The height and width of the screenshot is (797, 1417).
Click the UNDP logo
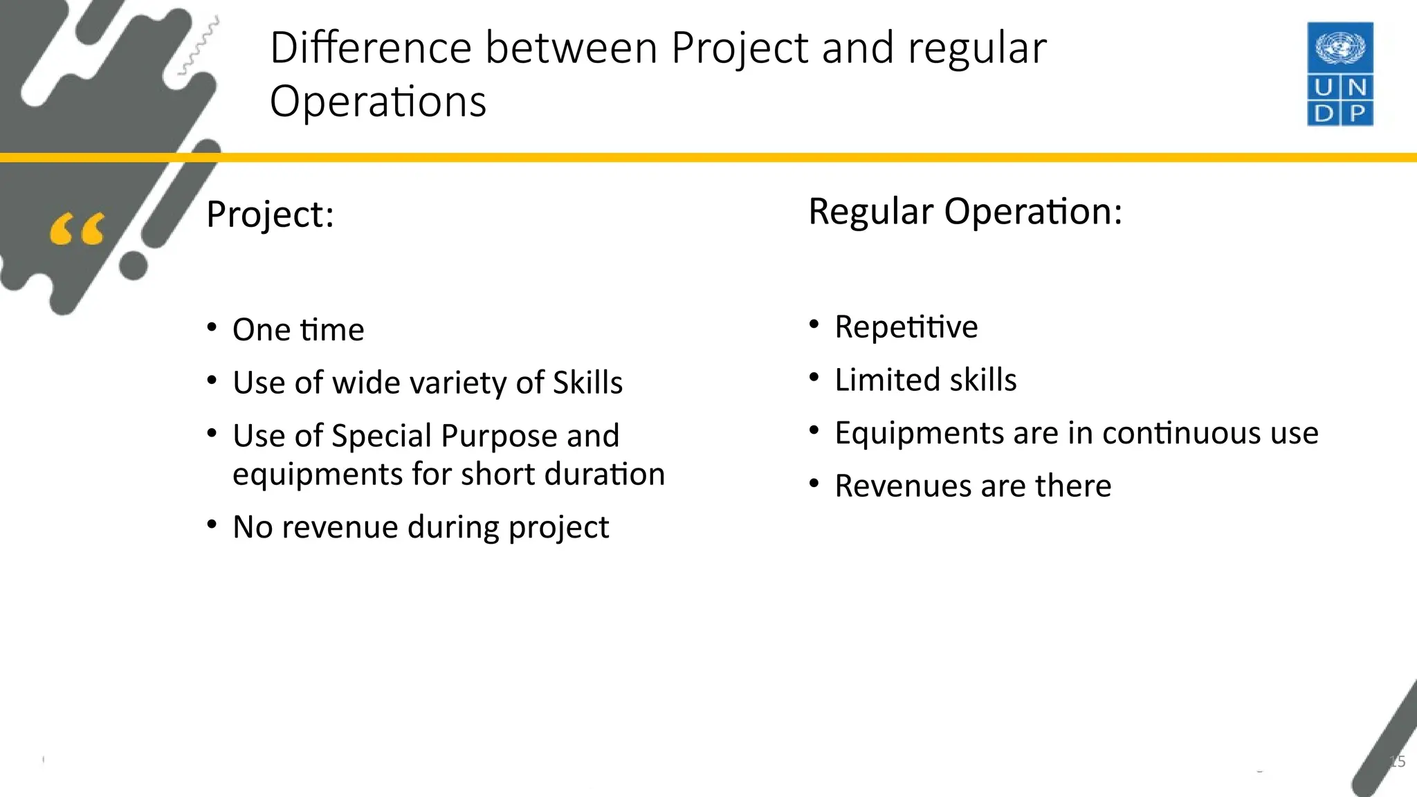coord(1340,74)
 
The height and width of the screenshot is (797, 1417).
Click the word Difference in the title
coord(370,48)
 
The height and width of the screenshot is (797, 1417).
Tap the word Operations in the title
coord(378,102)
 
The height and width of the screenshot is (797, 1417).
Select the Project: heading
coord(270,214)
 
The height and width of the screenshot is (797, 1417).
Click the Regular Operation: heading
coord(965,211)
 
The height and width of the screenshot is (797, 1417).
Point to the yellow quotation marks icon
coord(77,230)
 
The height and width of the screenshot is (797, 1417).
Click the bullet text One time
coord(298,329)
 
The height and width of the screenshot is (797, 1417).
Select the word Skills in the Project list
coord(587,383)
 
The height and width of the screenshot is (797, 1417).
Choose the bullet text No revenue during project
coord(421,527)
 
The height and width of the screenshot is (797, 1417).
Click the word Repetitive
coord(906,327)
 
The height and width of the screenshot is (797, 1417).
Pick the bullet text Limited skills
coord(925,380)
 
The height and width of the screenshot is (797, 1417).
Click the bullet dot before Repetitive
coord(814,324)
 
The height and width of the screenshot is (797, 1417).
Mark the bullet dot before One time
coord(212,327)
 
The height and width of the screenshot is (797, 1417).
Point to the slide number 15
coord(1397,762)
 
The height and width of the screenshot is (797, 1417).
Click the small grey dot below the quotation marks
coord(134,266)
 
